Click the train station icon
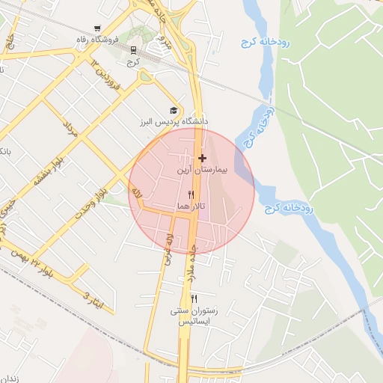pyautogui.click(x=134, y=50)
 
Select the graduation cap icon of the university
pyautogui.click(x=174, y=109)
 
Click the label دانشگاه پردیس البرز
pyautogui.click(x=177, y=121)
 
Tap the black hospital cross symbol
pyautogui.click(x=203, y=158)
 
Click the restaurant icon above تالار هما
pyautogui.click(x=191, y=194)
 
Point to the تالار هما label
pyautogui.click(x=191, y=205)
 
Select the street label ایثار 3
pyautogui.click(x=91, y=299)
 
